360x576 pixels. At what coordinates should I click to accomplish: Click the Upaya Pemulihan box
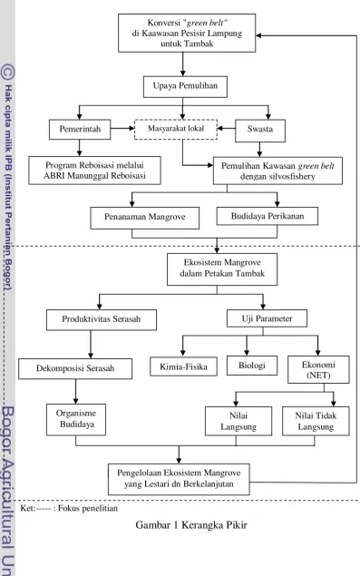185,87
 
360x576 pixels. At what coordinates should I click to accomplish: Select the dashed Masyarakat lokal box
176,130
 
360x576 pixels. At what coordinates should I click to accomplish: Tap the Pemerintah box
80,130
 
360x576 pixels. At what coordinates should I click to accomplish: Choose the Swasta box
260,131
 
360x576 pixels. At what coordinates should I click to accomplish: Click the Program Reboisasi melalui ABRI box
95,171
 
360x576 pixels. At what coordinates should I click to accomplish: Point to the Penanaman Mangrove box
145,219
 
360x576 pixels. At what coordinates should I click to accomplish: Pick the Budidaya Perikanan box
268,216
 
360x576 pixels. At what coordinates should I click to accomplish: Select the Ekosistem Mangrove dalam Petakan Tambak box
222,269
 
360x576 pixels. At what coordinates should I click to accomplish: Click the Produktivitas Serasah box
102,319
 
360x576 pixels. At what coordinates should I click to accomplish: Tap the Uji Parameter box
268,318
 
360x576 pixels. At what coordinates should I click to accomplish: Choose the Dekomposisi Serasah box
75,369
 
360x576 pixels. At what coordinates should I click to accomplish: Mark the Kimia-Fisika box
184,366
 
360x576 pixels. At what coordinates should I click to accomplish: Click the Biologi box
252,366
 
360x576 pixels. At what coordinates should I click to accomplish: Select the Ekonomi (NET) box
318,369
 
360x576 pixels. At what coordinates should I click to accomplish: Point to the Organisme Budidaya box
76,420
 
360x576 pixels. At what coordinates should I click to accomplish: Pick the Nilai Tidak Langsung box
316,421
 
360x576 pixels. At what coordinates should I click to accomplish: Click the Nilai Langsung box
238,421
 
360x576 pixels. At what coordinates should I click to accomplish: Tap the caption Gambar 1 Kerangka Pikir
191,525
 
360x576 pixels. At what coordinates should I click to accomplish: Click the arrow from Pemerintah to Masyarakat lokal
122,129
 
